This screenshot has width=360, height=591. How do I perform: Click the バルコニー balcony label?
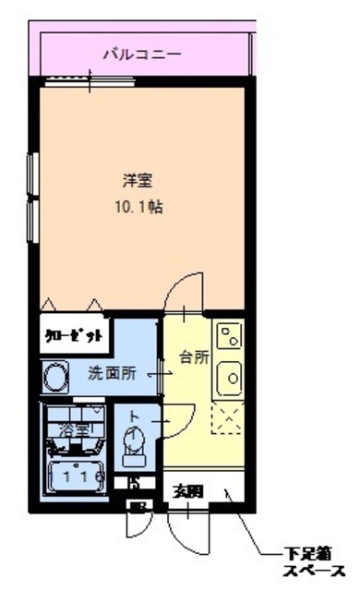(141, 54)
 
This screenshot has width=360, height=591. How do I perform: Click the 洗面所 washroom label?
(112, 374)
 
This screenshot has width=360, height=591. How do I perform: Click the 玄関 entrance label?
(187, 491)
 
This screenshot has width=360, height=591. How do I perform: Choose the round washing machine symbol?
(54, 377)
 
